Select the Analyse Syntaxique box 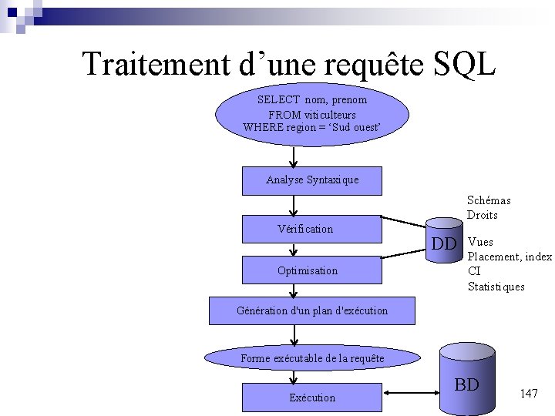coord(312,179)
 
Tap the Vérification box coord(312,229)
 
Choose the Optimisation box coord(312,270)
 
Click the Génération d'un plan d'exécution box coord(312,310)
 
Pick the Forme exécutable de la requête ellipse coord(312,358)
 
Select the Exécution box coord(312,398)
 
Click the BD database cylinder coord(466,377)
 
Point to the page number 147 coord(529,394)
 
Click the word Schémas coord(489,200)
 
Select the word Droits coord(483,215)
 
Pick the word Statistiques coord(496,287)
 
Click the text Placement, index coord(510,257)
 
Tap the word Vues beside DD coord(480,242)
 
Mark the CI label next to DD coord(473,271)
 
